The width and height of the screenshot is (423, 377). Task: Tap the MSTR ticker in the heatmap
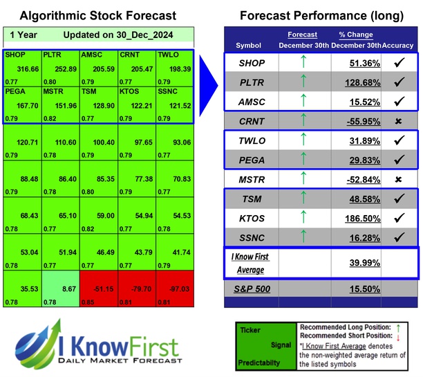point(53,91)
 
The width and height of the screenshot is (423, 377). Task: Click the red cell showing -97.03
point(174,287)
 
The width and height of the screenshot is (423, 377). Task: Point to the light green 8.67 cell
point(62,287)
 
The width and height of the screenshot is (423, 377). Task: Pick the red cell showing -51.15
point(98,287)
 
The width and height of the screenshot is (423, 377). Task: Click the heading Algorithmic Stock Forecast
point(98,15)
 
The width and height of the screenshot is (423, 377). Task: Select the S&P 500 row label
point(253,287)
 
